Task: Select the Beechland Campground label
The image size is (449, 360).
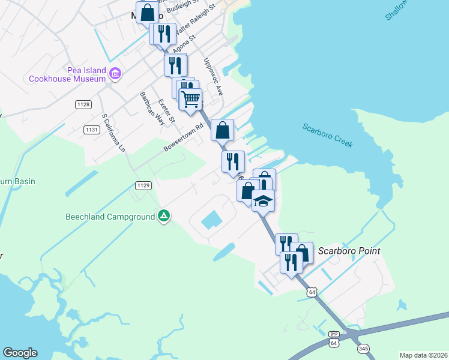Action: (x=110, y=217)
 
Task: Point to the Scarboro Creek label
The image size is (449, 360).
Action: (x=327, y=136)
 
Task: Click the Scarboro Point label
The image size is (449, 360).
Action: (x=349, y=251)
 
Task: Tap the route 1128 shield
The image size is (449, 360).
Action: (x=83, y=104)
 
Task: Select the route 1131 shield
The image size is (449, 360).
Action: (x=91, y=129)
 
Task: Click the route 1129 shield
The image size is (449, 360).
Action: (x=143, y=185)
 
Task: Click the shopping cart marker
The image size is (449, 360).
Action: (x=190, y=100)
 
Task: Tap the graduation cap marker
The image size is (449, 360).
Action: (x=263, y=201)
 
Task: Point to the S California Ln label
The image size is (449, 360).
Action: (x=114, y=132)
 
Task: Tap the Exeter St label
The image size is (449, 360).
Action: (x=166, y=112)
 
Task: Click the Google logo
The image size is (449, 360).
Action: (x=20, y=353)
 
